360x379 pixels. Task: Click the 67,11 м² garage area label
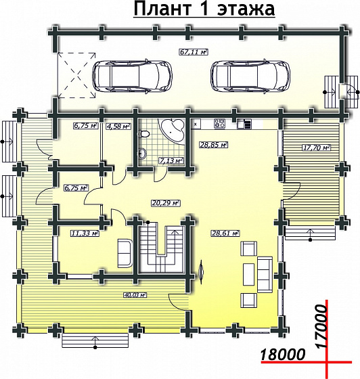(194, 52)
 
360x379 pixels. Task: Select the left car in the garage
(132, 76)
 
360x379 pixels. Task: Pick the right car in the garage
(250, 76)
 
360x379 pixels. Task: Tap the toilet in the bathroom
(144, 134)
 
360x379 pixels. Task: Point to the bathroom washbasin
(142, 153)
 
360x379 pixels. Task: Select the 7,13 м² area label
(171, 160)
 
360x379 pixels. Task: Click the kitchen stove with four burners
(219, 123)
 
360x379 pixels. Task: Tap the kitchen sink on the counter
(244, 124)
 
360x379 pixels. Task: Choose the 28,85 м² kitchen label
(214, 145)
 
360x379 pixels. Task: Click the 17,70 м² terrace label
(317, 148)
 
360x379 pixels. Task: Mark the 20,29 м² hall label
(166, 203)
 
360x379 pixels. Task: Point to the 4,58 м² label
(118, 126)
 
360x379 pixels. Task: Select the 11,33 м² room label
(85, 233)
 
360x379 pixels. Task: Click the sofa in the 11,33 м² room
(125, 253)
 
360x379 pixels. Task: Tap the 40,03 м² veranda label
(135, 295)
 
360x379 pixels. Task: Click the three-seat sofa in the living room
(265, 275)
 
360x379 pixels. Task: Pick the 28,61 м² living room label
(225, 233)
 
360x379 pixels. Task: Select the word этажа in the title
(246, 9)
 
